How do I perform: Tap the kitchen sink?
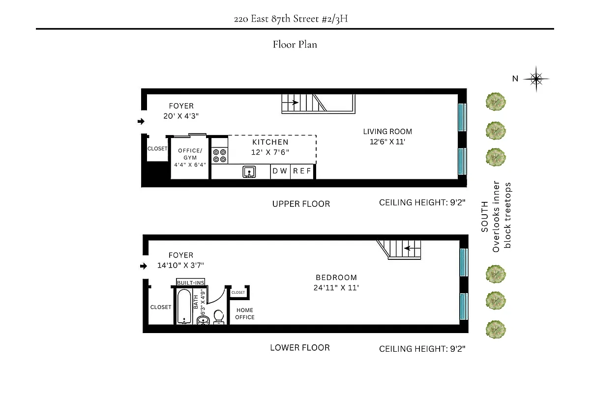coord(249,171)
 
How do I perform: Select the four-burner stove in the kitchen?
coord(219,156)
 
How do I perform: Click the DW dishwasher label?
coord(280,171)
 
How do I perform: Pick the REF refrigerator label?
coord(302,171)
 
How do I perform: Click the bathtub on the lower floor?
coord(184,307)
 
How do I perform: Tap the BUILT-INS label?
coord(190,282)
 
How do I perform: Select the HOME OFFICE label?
coord(245,313)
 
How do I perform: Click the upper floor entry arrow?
coord(141,121)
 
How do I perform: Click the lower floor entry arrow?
coord(143,266)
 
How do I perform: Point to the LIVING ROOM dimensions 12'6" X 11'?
coord(387,141)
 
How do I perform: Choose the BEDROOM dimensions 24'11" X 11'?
coord(336,288)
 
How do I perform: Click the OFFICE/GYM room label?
coord(190,154)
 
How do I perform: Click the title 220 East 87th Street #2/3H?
coord(295,20)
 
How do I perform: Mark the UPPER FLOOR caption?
coord(301,204)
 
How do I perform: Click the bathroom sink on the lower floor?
coord(203,321)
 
